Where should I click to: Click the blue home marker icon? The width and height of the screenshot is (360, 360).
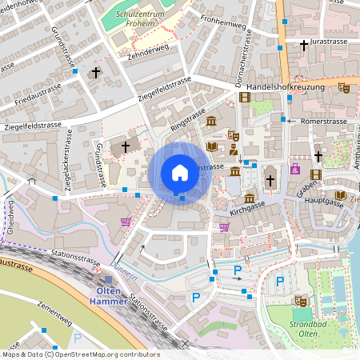tap(180, 172)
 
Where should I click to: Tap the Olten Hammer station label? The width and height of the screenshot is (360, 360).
tap(110, 294)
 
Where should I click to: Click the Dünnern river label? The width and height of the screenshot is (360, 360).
tap(124, 274)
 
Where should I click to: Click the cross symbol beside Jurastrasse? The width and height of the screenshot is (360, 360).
tap(304, 46)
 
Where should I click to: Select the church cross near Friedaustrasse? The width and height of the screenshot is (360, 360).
tap(95, 73)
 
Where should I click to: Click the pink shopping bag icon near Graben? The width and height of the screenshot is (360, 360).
tap(295, 170)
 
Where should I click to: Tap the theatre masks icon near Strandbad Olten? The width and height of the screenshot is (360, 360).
tap(301, 301)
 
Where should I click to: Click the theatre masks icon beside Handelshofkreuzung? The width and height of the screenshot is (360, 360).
tap(344, 87)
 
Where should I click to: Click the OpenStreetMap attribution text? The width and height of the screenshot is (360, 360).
tap(80, 354)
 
